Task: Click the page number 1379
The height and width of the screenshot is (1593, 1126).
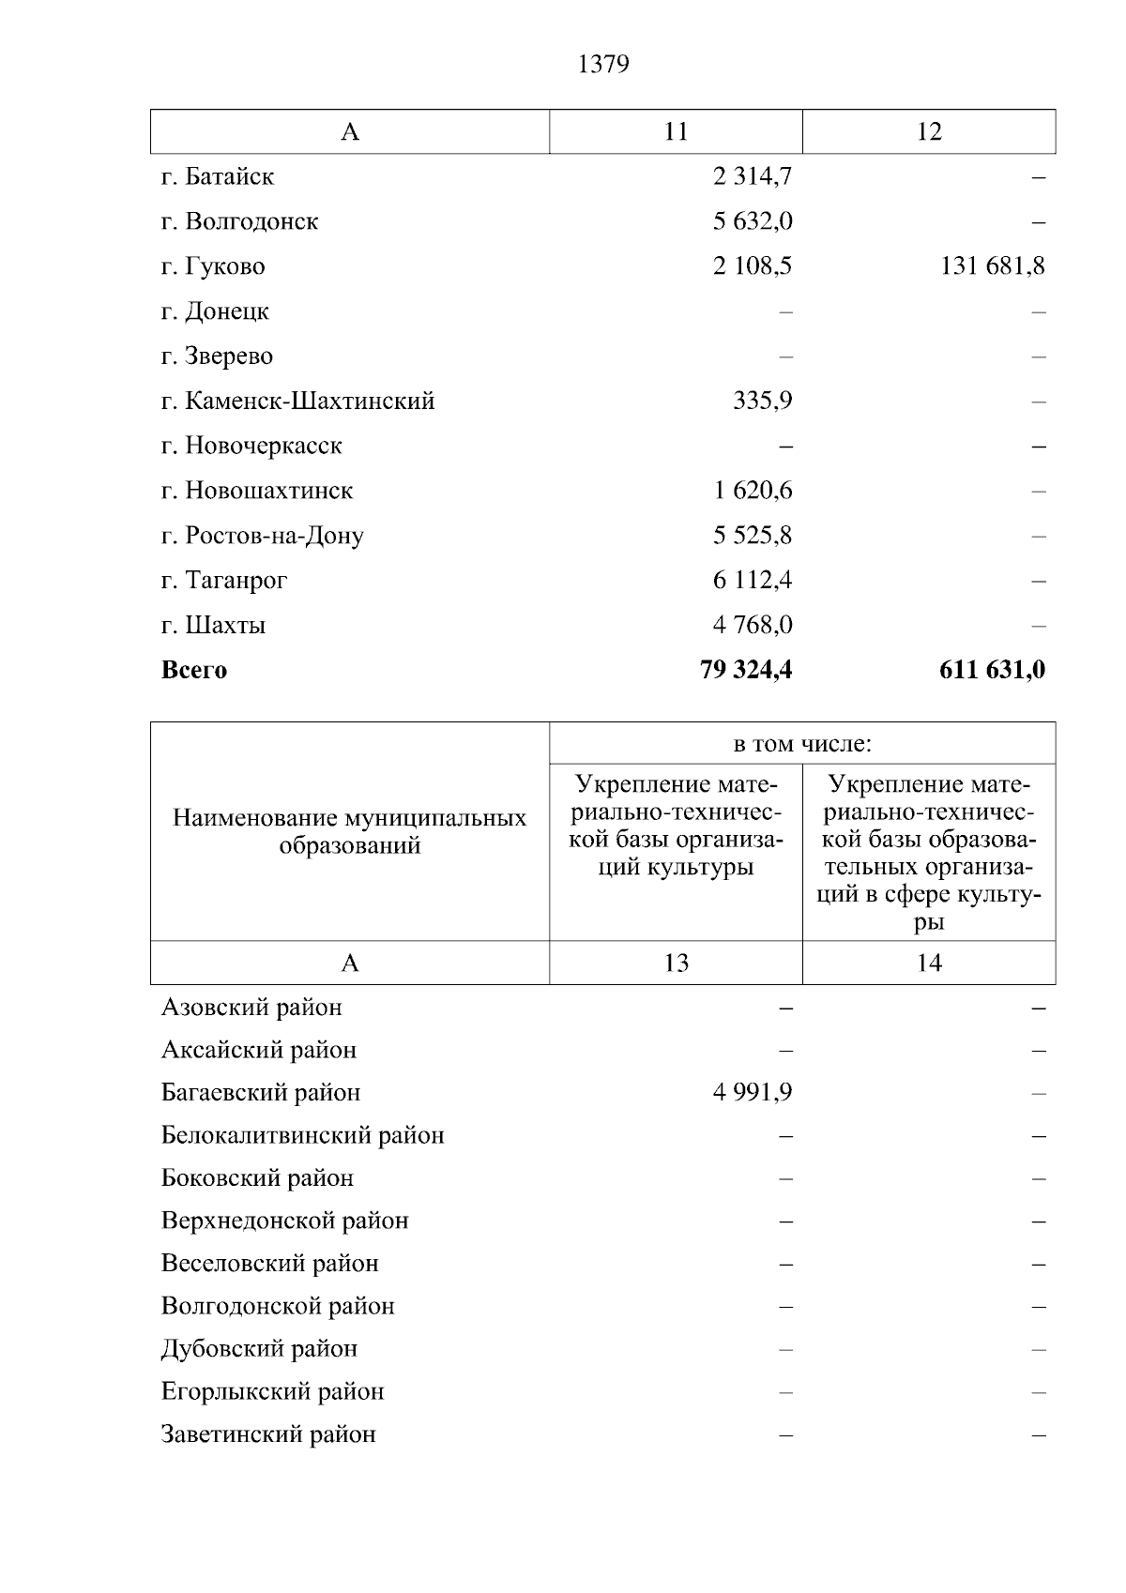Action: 603,65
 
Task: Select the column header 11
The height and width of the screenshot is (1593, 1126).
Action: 676,131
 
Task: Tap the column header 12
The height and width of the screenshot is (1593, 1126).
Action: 928,131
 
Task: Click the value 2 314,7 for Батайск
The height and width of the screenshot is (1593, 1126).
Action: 753,176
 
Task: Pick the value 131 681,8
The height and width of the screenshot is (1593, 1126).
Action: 992,266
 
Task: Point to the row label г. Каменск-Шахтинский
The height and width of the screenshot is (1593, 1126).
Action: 297,402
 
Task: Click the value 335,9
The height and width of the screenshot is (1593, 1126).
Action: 762,402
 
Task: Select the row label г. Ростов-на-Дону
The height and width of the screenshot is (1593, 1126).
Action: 262,536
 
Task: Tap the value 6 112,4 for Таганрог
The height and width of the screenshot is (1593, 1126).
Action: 753,581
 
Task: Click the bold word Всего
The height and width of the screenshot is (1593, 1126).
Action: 194,670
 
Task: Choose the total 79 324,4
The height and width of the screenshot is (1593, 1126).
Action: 746,670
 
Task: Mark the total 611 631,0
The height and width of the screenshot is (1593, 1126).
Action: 992,670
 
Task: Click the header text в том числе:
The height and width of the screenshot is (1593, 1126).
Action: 802,744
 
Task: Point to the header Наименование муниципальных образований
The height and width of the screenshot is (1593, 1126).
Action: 349,831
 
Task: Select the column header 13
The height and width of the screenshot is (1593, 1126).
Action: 676,963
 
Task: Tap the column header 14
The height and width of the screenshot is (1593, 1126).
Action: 928,963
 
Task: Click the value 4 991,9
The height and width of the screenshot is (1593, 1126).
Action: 753,1093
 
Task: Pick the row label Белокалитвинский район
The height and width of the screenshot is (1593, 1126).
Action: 302,1135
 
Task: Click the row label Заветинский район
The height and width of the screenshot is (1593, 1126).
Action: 268,1434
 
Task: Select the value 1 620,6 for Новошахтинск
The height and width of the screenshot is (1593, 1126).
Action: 753,491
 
